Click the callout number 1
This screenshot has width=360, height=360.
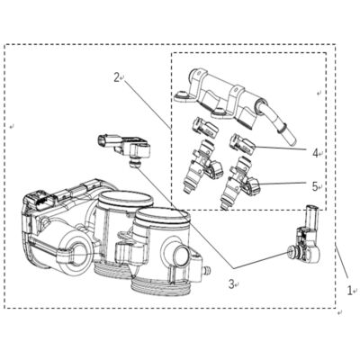click(349, 291)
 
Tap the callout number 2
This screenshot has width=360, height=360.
click(117, 77)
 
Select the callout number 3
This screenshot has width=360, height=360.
click(231, 283)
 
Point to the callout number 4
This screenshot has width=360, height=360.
click(315, 153)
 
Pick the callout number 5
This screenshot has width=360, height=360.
click(315, 186)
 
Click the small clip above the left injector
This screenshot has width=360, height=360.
click(205, 127)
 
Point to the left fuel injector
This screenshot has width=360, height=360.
click(202, 166)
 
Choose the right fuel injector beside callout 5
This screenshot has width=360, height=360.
click(239, 183)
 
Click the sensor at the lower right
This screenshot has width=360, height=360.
click(304, 240)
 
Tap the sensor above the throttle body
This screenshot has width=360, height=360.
click(124, 147)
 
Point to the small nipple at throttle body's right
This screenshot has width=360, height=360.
click(206, 271)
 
